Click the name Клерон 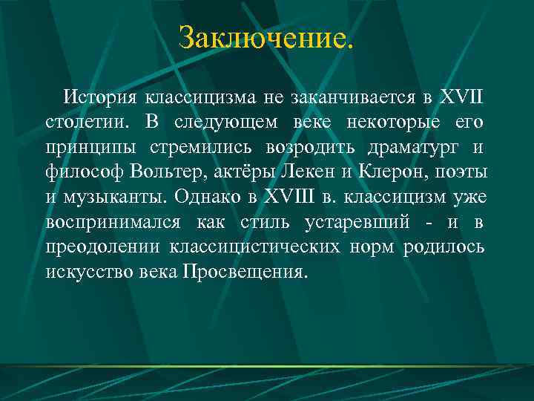(385, 172)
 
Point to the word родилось (444, 247)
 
